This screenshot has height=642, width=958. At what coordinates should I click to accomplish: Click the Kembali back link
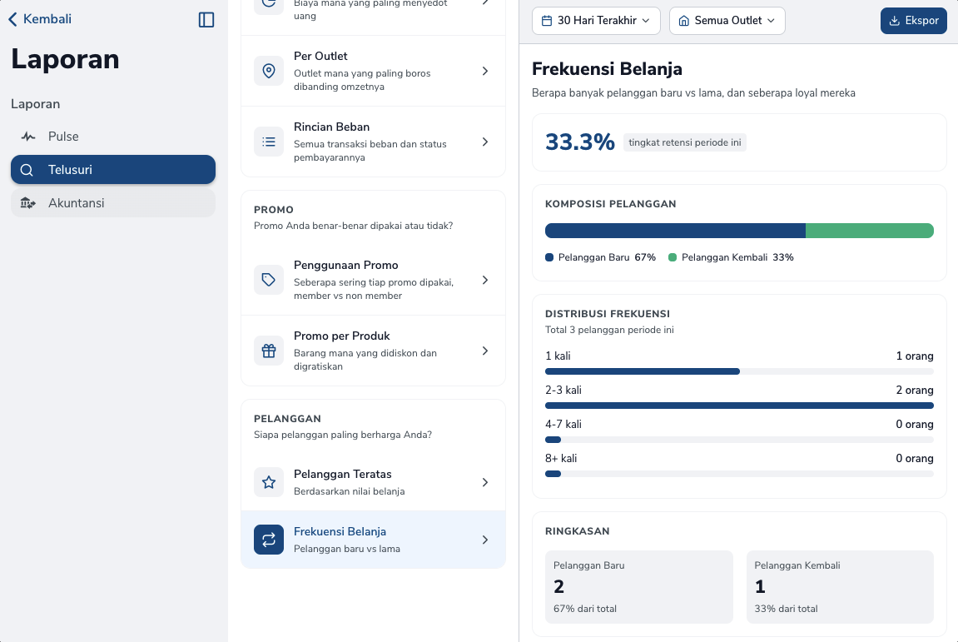tap(40, 19)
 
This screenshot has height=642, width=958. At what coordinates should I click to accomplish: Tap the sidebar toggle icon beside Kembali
tap(206, 19)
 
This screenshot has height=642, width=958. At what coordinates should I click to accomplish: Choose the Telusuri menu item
tap(113, 169)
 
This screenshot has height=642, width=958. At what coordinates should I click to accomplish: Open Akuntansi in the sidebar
tap(113, 203)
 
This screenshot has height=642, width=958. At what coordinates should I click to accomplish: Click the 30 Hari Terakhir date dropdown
tap(596, 21)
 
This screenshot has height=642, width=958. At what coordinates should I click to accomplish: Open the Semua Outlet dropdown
tap(727, 21)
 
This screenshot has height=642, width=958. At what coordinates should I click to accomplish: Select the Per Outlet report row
tap(374, 71)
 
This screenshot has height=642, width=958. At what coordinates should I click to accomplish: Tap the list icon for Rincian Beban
tap(269, 142)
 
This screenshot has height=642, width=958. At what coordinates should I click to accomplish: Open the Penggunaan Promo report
tap(374, 280)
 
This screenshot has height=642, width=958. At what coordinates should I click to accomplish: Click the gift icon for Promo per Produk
tap(269, 351)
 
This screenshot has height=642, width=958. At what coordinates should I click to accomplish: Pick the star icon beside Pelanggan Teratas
tap(269, 482)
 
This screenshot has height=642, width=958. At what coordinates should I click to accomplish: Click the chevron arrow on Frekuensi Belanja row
tap(485, 540)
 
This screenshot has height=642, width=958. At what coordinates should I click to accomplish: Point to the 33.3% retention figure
tap(580, 142)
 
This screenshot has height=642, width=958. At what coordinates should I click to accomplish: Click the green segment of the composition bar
tap(870, 231)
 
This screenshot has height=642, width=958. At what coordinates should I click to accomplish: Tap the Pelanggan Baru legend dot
tap(549, 257)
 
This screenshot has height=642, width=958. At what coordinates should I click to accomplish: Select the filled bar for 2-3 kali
tap(739, 406)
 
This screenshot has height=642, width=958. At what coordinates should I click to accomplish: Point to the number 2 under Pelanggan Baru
tap(558, 586)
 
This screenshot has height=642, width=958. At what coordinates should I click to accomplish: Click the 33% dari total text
tap(786, 609)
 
